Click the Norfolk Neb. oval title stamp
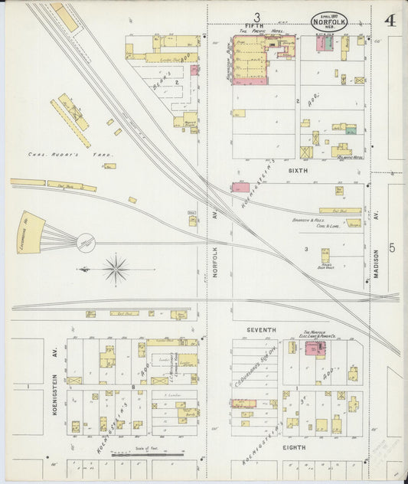329,21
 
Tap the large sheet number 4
390,20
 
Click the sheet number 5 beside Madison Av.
391,247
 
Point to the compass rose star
116,269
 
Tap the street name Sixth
298,171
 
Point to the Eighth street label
295,446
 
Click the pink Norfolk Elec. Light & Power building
313,348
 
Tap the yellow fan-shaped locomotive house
29,232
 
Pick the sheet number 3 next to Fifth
257,16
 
